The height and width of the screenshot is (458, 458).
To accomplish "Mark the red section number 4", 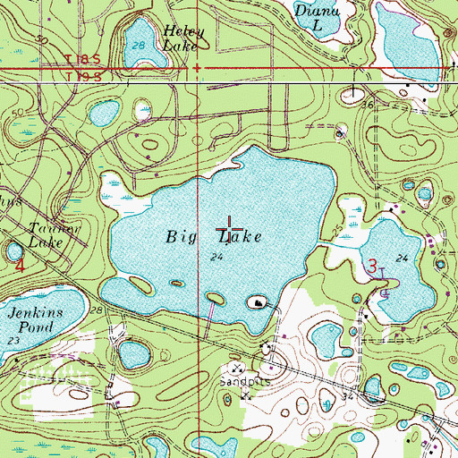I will click(x=18, y=265).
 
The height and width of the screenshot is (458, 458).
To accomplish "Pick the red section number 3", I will click(x=371, y=265).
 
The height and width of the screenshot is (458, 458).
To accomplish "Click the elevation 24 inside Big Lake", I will click(x=216, y=258).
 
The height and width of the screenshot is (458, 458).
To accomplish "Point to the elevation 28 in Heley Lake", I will click(x=138, y=45).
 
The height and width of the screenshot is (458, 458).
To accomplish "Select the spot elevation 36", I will click(x=368, y=105).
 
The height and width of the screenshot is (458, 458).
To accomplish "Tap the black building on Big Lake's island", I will click(x=259, y=303).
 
